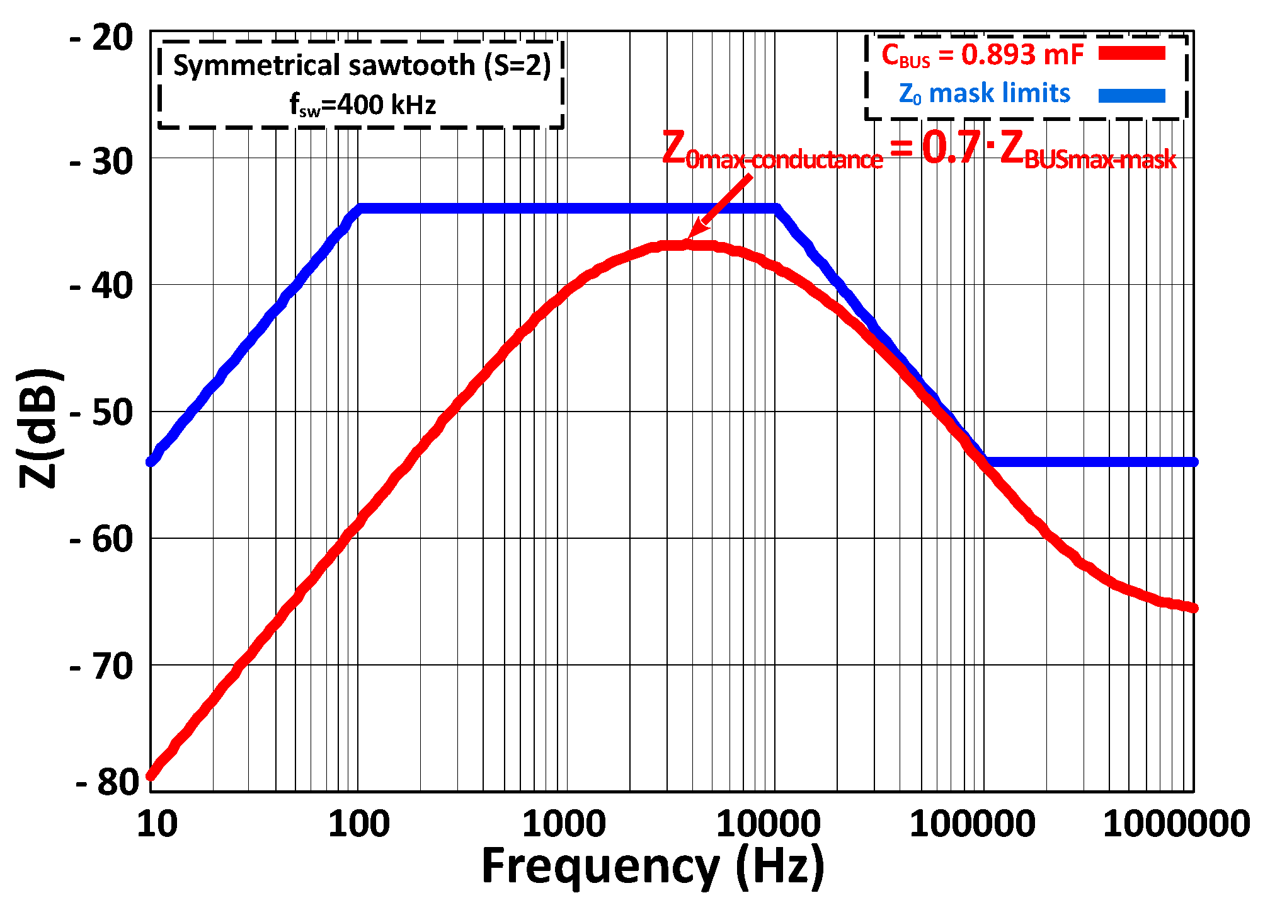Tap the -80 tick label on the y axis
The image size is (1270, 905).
(105, 782)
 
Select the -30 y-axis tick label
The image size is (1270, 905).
(101, 162)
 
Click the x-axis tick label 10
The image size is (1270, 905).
(157, 824)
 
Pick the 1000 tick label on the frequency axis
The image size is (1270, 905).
(564, 824)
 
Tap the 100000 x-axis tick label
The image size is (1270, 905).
(972, 824)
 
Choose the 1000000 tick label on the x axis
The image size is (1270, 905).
(1176, 824)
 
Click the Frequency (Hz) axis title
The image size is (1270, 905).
(653, 867)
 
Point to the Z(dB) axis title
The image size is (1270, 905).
(39, 429)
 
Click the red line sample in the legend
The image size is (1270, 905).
(1131, 54)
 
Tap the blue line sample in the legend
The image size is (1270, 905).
(1131, 95)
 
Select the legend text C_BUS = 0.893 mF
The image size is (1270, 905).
(981, 55)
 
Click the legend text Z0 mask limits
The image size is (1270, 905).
(984, 94)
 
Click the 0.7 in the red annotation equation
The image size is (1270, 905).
(951, 147)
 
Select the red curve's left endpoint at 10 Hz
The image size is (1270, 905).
(151, 776)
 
